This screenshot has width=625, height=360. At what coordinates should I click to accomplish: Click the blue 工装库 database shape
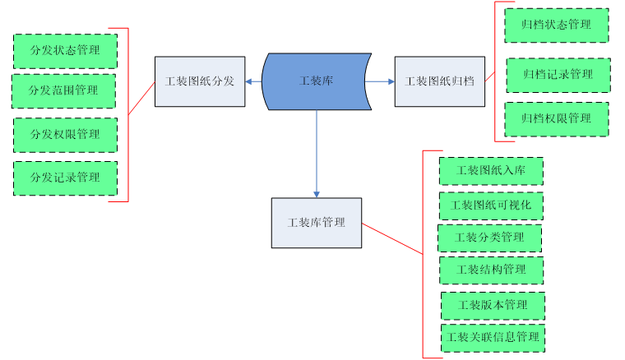coord(316,81)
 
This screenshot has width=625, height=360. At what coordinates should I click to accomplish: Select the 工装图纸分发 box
coord(200,81)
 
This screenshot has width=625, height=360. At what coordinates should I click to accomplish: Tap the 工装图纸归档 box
coord(439,81)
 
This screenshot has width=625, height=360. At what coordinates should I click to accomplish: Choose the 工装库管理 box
coord(317,223)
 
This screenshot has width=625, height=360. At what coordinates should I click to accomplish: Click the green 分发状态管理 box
coord(65,51)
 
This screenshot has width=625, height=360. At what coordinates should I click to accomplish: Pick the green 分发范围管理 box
coord(63,90)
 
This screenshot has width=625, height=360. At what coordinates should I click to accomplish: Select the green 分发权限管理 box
coord(65,135)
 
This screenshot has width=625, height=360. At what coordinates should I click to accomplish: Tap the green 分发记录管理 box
coord(65,178)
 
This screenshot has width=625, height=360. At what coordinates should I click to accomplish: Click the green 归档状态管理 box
coord(557,25)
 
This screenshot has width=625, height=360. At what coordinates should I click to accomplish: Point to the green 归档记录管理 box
coord(558,75)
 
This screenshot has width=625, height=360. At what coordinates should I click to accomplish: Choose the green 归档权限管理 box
coord(557,118)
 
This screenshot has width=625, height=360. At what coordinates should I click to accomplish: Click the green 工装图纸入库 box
coord(491,171)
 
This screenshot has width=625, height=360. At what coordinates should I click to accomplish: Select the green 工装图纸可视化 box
coord(491,205)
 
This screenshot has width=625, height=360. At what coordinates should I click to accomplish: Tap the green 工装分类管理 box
coord(489,238)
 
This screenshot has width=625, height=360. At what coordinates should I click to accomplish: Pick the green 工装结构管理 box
coord(491,270)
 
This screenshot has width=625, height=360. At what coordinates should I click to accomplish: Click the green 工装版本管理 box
coord(493,305)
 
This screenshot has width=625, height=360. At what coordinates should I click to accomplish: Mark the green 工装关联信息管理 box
coord(493,337)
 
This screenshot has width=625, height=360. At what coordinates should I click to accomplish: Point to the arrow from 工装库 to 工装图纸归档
coord(381,81)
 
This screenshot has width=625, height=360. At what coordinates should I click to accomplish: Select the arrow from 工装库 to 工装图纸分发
coord(253,81)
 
